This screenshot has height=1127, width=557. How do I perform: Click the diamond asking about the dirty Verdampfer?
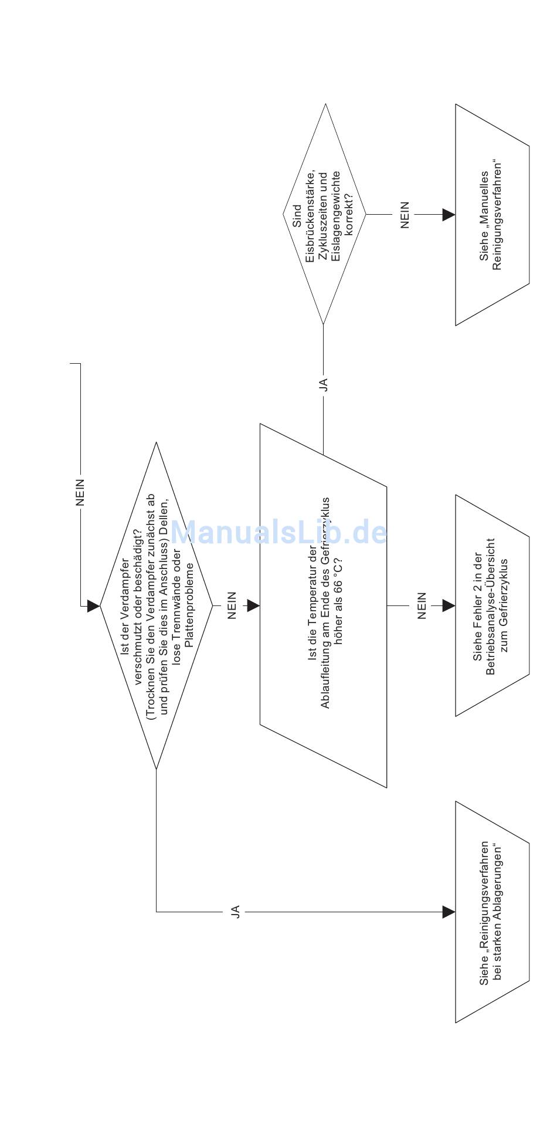157,605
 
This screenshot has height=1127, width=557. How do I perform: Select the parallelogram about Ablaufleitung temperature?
323,605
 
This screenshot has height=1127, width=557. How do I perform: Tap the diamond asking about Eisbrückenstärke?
324,215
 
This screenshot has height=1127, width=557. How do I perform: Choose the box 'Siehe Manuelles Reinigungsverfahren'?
492,215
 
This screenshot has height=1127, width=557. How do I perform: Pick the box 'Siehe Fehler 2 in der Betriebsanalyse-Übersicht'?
492,605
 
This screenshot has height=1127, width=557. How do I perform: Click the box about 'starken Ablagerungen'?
492,912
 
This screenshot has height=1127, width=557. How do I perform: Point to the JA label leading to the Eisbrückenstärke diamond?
323,384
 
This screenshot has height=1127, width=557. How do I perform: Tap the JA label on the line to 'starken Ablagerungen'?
235,912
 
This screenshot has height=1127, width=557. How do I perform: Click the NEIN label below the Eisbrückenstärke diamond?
405,215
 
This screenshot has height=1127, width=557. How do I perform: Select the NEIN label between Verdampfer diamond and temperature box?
232,605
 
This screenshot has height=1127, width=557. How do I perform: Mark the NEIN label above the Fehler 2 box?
422,605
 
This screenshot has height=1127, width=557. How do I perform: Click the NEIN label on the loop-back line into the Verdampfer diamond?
80,492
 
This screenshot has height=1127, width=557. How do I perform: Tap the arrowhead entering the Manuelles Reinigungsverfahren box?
449,215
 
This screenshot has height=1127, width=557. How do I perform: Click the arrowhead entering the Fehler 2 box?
449,605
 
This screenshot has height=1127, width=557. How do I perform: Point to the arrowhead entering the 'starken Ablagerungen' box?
449,912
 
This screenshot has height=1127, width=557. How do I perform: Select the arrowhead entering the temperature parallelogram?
253,605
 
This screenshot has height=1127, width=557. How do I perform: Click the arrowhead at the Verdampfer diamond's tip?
93,606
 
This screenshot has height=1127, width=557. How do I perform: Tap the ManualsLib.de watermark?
279,533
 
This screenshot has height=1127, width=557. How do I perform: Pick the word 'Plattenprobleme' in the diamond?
188,605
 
